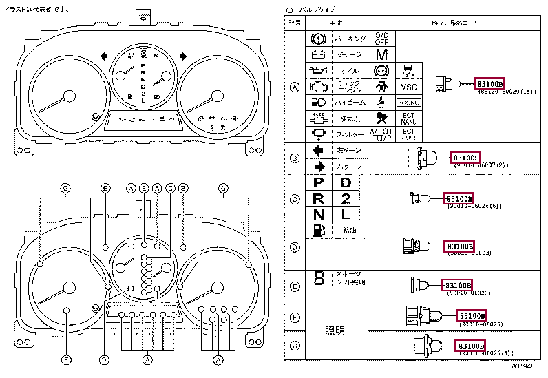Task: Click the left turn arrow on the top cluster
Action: click(x=103, y=56)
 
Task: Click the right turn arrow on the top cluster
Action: click(x=183, y=56)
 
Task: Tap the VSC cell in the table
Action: click(x=409, y=87)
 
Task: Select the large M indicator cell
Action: click(x=381, y=54)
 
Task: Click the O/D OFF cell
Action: click(x=381, y=39)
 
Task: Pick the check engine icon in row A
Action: click(x=318, y=87)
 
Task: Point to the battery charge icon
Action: click(x=318, y=55)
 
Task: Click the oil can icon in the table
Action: click(x=318, y=71)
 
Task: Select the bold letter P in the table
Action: click(x=318, y=182)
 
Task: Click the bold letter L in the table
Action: click(x=346, y=214)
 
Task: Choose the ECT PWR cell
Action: click(x=409, y=134)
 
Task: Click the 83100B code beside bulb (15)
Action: click(x=489, y=84)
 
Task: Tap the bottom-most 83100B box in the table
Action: click(x=471, y=345)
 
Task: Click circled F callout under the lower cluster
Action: click(x=66, y=359)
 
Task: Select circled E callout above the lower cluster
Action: click(x=144, y=188)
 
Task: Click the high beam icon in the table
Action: click(x=318, y=103)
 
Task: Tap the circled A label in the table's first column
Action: click(x=295, y=87)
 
